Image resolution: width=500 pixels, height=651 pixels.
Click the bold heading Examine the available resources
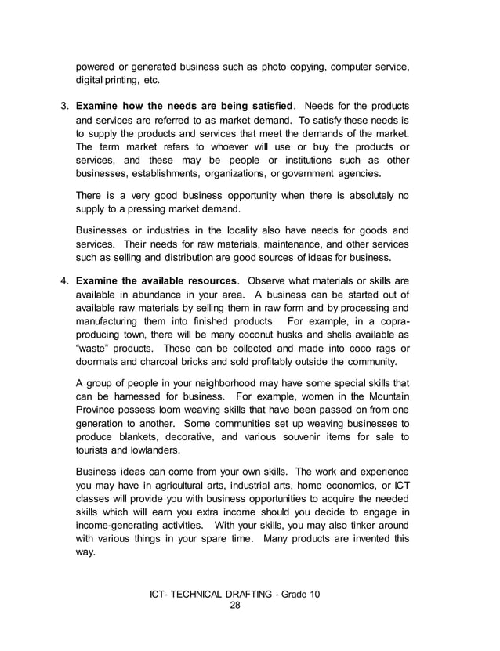(x=156, y=280)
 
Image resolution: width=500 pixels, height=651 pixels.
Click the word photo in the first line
(x=246, y=65)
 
